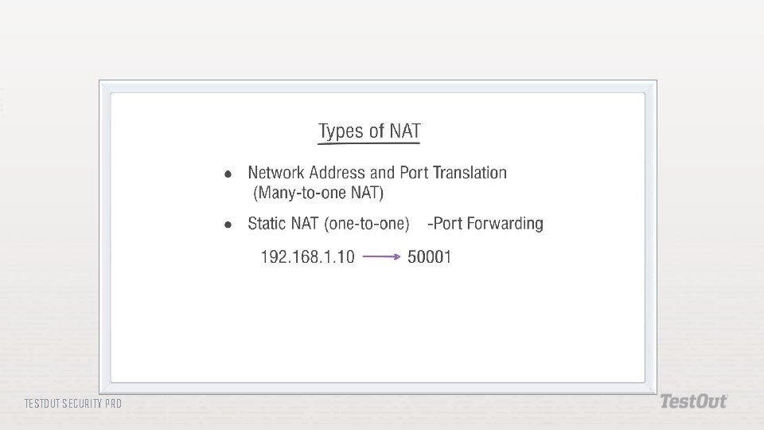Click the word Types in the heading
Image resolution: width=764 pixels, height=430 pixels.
[x=341, y=131]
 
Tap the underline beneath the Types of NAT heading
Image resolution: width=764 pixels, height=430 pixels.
[x=368, y=144]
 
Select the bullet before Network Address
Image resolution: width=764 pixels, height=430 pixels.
[x=228, y=174]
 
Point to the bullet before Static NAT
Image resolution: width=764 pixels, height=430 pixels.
[x=228, y=225]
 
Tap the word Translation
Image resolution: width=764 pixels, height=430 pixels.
[x=470, y=173]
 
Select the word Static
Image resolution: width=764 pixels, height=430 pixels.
[x=267, y=224]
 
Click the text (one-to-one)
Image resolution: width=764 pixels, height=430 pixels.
[x=366, y=224]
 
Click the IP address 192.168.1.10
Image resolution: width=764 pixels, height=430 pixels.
[x=308, y=257]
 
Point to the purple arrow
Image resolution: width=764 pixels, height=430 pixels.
[x=381, y=256]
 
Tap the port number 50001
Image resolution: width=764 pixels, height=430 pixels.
[x=429, y=257]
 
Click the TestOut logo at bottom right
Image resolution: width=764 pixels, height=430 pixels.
[x=693, y=401]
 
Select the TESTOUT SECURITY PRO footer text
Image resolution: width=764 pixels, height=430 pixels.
[x=73, y=404]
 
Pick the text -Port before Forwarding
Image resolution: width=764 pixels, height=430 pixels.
[x=444, y=224]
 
